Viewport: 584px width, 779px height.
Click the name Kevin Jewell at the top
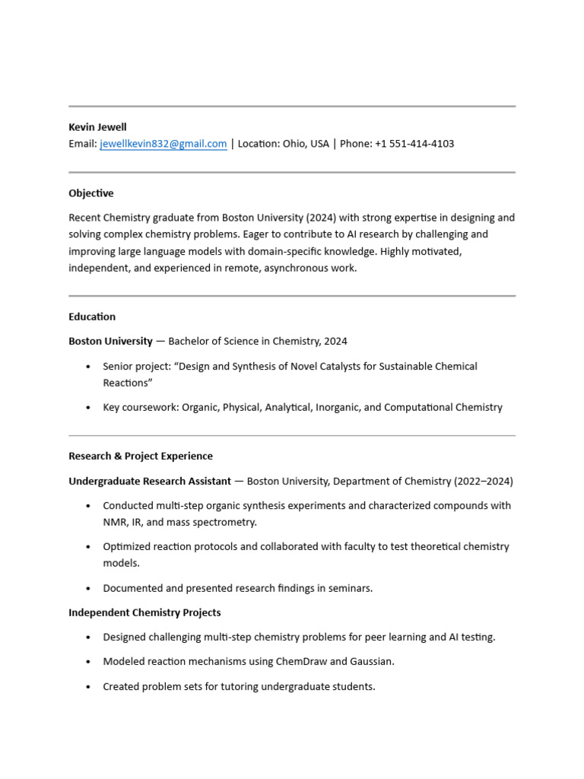(x=97, y=127)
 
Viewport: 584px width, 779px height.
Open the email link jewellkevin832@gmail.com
(x=163, y=144)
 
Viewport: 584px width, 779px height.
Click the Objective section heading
(x=90, y=193)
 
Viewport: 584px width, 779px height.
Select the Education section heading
(x=92, y=316)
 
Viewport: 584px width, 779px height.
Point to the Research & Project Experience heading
(x=141, y=456)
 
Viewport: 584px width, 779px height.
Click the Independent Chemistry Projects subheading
(x=144, y=612)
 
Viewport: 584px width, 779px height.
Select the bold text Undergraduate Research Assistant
(x=150, y=481)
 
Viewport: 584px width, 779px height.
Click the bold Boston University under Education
(x=110, y=341)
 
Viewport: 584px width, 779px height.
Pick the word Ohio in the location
(x=294, y=144)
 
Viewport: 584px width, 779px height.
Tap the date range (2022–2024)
(x=483, y=481)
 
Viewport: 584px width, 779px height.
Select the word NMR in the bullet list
(x=115, y=522)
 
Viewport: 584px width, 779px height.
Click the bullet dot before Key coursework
(x=89, y=408)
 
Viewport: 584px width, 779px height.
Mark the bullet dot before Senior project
(x=89, y=367)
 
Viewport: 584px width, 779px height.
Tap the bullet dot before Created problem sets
(x=89, y=687)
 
